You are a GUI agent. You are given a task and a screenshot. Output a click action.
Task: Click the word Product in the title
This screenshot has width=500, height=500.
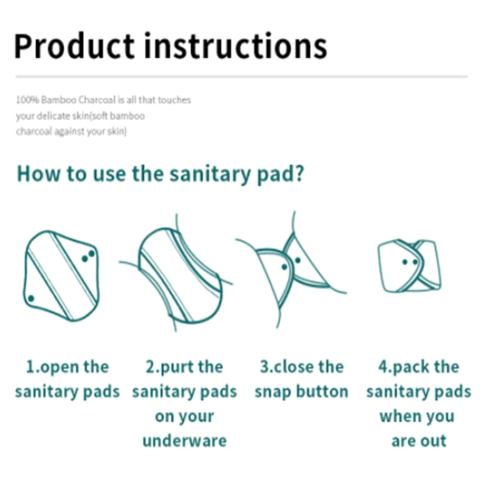74,46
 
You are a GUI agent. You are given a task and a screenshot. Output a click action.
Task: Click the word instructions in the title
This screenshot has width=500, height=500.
236,46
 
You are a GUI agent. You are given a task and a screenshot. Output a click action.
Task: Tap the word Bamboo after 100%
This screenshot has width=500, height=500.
59,100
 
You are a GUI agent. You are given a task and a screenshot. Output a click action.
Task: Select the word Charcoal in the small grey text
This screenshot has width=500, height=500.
97,100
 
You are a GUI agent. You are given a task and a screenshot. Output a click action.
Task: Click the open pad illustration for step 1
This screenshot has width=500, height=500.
61,276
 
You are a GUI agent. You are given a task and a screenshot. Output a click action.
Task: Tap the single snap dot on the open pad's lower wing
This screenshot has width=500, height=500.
31,299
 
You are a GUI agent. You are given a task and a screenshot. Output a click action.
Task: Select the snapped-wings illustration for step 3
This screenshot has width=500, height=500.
291,270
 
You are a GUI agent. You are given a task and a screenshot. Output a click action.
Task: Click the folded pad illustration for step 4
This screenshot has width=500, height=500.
409,266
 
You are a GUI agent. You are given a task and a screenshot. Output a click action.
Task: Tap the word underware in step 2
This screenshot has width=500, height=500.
184,441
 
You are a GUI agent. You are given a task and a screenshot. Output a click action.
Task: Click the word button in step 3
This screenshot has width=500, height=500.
322,391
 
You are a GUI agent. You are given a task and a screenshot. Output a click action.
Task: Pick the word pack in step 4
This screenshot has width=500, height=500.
411,367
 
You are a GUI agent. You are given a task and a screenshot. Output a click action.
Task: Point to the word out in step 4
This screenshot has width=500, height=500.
433,441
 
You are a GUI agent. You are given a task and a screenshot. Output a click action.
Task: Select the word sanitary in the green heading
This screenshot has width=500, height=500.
210,174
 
